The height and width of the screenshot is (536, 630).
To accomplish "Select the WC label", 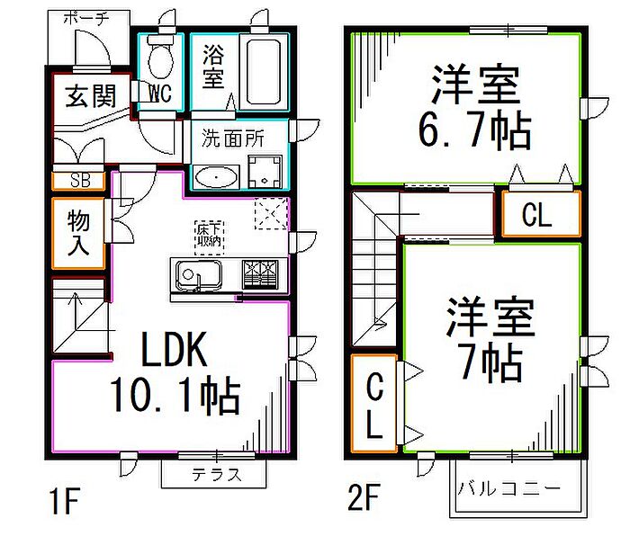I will coord(160,93).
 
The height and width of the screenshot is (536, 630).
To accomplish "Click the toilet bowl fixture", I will coord(162,58).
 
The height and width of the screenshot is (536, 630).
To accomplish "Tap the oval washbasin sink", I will coord(216,177).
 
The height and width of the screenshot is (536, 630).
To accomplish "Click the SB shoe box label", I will coord(79,180).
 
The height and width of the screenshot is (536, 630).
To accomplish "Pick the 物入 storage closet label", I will coord(77,232).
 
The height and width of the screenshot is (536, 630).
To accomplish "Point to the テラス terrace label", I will coord(215,475).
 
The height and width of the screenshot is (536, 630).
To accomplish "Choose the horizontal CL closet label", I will coord(536,216).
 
